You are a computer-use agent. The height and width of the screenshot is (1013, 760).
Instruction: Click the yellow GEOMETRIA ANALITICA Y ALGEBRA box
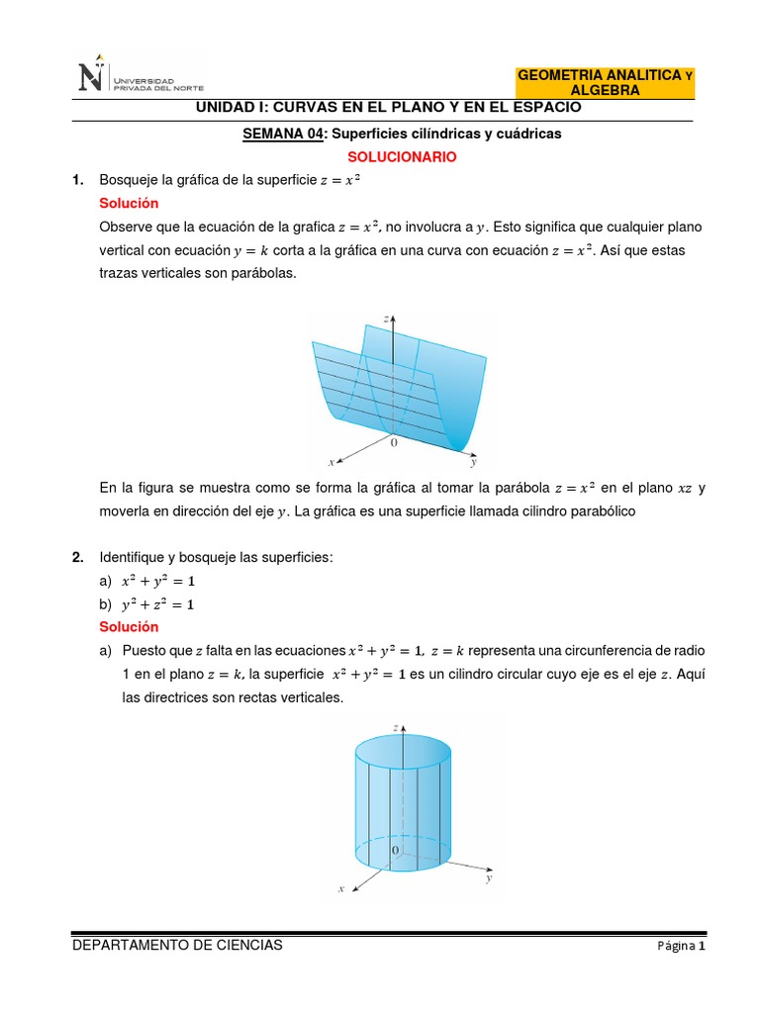click(606, 82)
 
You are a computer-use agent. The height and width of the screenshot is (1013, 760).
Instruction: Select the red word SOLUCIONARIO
click(402, 156)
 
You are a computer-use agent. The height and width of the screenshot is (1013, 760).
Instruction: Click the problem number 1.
click(76, 179)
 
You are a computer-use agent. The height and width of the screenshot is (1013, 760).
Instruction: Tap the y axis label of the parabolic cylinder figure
click(474, 462)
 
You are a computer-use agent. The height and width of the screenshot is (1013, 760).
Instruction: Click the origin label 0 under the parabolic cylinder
click(394, 443)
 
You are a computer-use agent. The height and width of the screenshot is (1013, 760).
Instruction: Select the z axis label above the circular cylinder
click(395, 727)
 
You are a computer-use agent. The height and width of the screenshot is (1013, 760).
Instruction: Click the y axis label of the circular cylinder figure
click(489, 876)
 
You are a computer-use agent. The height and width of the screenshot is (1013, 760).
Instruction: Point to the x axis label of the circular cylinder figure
click(340, 889)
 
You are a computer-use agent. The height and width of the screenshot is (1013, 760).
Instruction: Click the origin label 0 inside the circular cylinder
click(395, 850)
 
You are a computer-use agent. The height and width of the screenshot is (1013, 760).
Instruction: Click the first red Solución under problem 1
click(129, 203)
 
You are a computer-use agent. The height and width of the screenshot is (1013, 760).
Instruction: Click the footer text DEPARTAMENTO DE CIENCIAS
click(177, 945)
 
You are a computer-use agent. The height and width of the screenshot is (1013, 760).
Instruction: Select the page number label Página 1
click(681, 947)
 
